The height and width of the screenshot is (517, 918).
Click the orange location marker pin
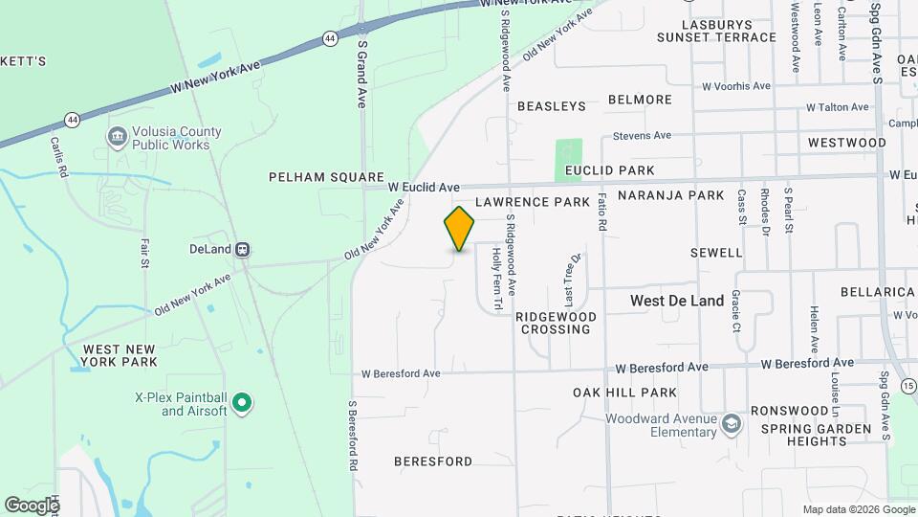(x=459, y=229)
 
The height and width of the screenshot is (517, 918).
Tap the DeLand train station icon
(x=243, y=250)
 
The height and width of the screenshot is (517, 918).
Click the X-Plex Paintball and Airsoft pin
(x=242, y=404)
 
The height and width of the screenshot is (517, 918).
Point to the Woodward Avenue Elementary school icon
(x=732, y=424)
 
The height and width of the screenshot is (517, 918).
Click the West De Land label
(x=677, y=301)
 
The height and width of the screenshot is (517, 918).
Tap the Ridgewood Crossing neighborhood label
(x=556, y=323)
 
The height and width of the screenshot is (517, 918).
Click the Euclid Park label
(x=609, y=170)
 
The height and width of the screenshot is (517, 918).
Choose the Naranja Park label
(x=670, y=195)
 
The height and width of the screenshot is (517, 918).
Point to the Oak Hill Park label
(x=624, y=393)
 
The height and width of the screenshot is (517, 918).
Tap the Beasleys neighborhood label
(x=552, y=106)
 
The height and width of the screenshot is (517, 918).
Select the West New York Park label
(x=120, y=355)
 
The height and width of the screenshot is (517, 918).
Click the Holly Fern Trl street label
(x=496, y=280)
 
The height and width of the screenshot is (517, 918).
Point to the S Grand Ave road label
(x=362, y=73)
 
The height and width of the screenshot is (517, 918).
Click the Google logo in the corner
(x=32, y=505)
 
